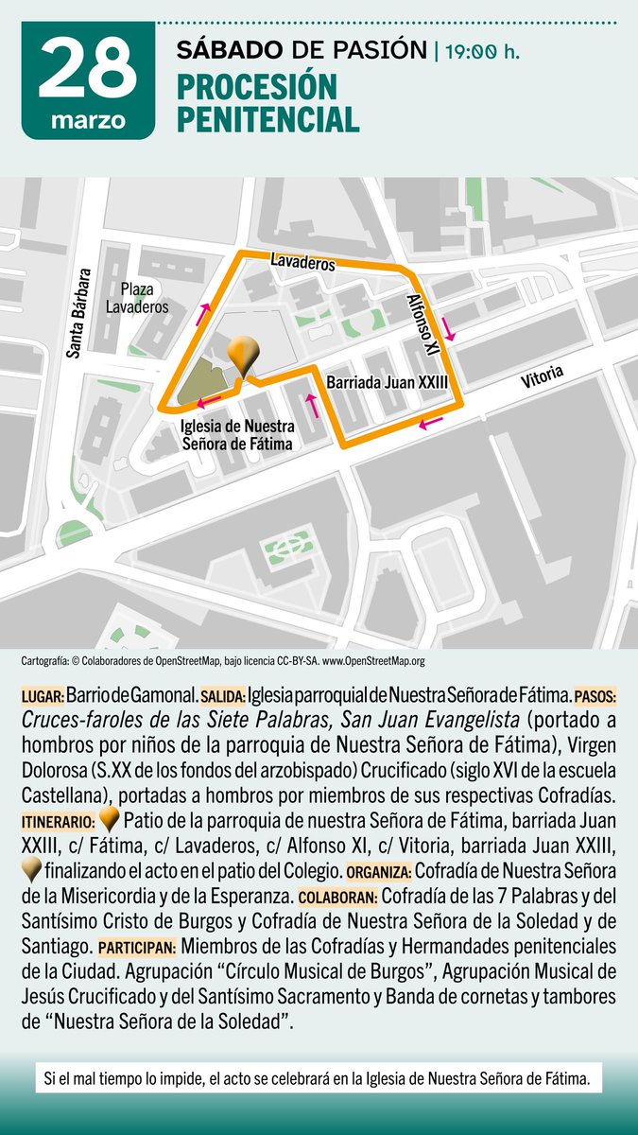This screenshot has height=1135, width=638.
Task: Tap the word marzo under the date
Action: pyautogui.click(x=87, y=122)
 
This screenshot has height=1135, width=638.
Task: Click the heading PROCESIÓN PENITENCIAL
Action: pyautogui.click(x=267, y=103)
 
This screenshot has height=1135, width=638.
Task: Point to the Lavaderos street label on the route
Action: pyautogui.click(x=302, y=262)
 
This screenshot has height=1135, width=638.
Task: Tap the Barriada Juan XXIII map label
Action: pyautogui.click(x=386, y=383)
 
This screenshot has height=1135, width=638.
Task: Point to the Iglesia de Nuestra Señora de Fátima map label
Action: pyautogui.click(x=237, y=434)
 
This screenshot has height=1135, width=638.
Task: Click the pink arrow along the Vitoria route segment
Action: pyautogui.click(x=431, y=423)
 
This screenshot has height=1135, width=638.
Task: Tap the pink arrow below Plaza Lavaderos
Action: pyautogui.click(x=203, y=315)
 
